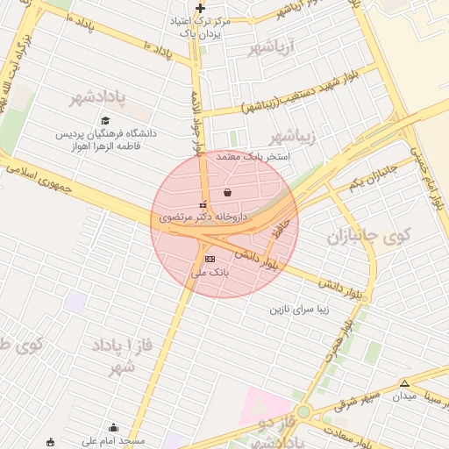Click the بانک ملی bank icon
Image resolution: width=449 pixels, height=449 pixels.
[209, 260]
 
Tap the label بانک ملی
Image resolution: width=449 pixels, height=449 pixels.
[210, 274]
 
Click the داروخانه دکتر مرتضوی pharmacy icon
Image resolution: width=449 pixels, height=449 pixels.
[203, 204]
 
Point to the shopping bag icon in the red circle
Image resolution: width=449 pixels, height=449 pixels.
[228, 192]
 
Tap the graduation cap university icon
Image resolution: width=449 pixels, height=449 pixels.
[105, 121]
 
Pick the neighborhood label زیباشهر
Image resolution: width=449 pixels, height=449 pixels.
[290, 136]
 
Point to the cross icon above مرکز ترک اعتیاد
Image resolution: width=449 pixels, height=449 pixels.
[200, 8]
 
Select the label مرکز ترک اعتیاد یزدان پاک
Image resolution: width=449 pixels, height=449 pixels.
[203, 25]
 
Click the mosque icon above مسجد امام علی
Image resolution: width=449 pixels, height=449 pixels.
[112, 428]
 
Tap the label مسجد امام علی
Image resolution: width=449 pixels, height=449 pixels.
[113, 441]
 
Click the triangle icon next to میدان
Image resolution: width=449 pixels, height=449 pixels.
[404, 383]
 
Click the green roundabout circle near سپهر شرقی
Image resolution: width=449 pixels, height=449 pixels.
[303, 411]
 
